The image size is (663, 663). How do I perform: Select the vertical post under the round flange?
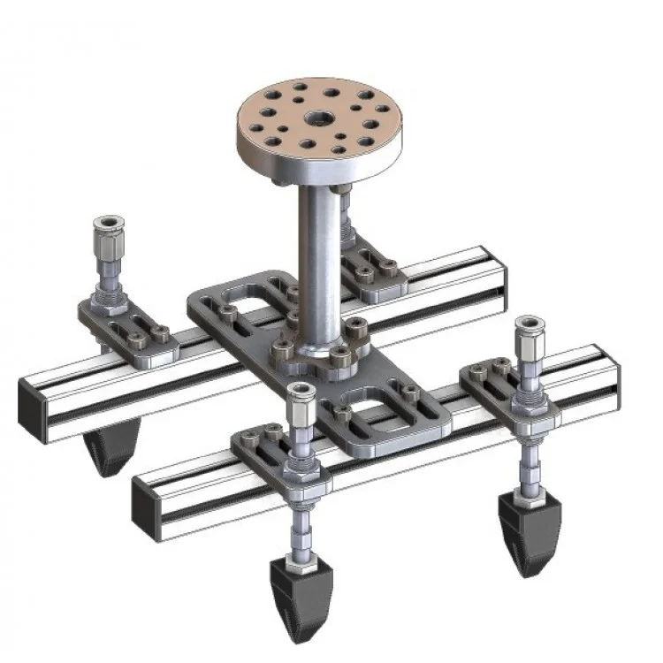317,256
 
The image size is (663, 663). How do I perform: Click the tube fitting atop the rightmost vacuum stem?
530,336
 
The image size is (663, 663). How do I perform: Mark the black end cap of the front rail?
146,510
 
